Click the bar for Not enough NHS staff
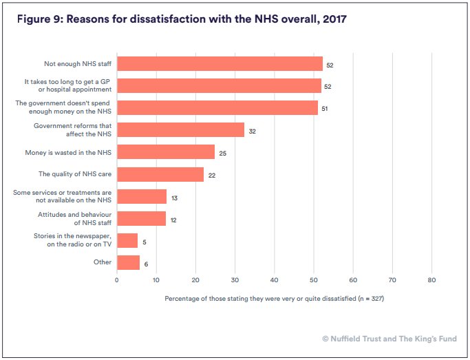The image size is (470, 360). [x=220, y=64]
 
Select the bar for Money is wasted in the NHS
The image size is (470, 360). [x=166, y=152]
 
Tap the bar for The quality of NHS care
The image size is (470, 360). [x=160, y=174]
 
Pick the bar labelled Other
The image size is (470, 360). [x=129, y=262]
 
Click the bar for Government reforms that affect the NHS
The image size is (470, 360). [x=180, y=130]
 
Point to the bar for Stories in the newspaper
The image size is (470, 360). [x=127, y=240]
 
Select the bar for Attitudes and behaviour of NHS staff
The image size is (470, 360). [x=141, y=218]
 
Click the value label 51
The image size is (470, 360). [x=325, y=109]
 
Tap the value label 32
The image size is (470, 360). [x=253, y=131]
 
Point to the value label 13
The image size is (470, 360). [x=174, y=198]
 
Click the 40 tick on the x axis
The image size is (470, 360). [x=274, y=280]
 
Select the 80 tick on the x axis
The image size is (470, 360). [x=431, y=280]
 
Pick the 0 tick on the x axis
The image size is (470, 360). [x=117, y=280]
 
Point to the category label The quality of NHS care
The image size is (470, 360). [x=75, y=174]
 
